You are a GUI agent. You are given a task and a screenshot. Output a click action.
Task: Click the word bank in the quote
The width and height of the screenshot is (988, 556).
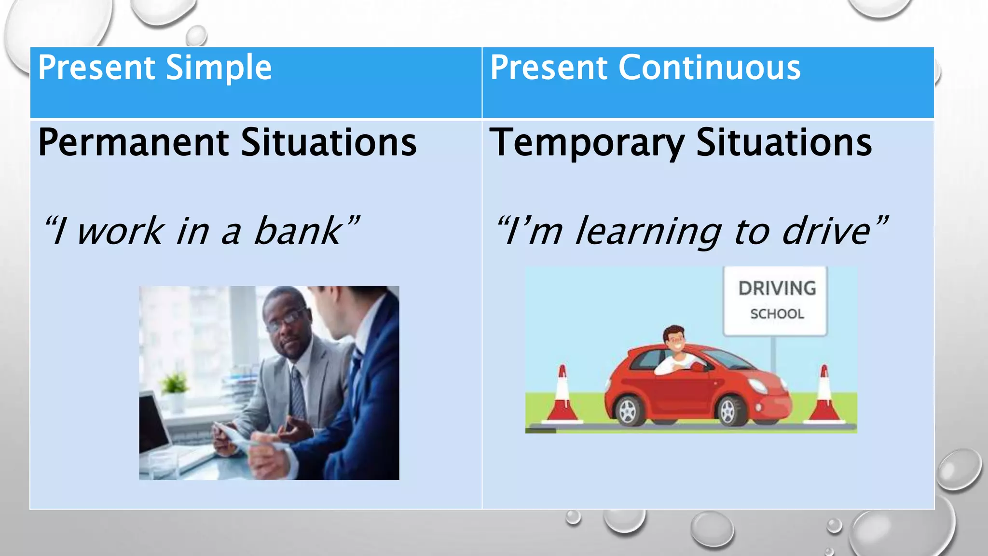click(297, 231)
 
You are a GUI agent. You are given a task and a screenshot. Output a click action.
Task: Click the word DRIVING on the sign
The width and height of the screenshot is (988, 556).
click(777, 289)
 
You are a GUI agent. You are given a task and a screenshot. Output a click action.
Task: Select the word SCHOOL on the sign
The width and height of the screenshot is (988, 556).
click(777, 314)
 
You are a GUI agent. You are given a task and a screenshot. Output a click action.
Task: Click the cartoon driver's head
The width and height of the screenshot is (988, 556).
click(674, 340)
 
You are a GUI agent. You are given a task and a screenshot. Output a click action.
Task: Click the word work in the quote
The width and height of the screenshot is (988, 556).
click(121, 231)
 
